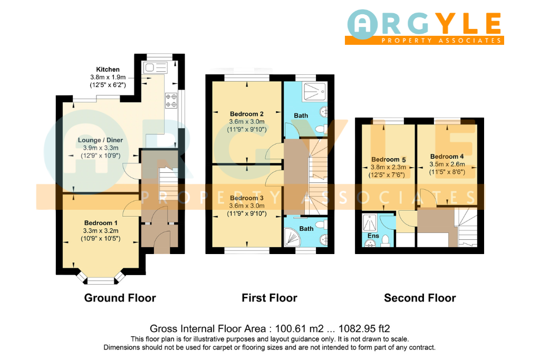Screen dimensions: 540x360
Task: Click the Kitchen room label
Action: point(108,70)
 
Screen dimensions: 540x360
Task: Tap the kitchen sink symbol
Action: point(156,67)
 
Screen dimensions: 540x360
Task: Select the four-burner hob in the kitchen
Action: point(171,101)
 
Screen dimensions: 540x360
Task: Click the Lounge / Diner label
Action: point(100,140)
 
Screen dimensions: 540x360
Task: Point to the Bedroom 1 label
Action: point(101,223)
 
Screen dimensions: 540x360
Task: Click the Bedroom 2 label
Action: point(247,114)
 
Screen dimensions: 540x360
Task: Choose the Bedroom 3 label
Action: point(247,198)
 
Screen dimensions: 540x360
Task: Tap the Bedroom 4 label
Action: point(447,157)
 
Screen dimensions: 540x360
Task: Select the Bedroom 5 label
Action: point(389,159)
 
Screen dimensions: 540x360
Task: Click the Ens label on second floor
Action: point(373,236)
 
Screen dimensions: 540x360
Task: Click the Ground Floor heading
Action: point(120,298)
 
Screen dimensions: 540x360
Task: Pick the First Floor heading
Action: point(269,298)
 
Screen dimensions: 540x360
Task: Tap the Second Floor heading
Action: point(420,298)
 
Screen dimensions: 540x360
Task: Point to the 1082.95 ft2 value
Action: point(364,329)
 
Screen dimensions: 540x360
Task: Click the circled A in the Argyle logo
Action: point(363,24)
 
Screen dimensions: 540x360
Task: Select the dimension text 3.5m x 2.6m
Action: point(447,164)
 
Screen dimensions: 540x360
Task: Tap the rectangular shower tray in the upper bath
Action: point(314,92)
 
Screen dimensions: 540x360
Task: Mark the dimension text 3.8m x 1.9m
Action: point(108,77)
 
